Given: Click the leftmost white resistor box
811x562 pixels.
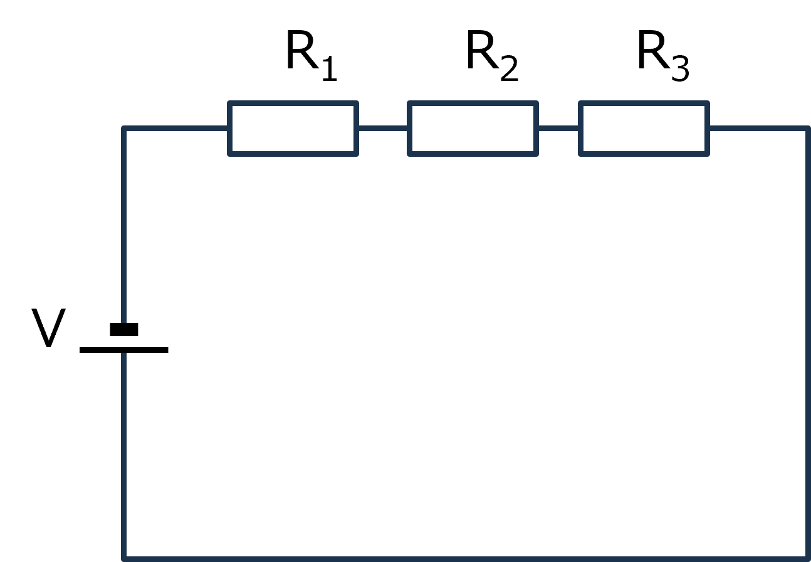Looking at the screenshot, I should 293,129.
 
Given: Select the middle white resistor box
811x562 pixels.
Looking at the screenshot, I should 473,129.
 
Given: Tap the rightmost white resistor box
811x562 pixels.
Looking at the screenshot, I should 644,129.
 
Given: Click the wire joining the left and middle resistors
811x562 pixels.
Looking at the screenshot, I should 383,129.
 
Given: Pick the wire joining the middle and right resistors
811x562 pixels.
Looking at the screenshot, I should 558,129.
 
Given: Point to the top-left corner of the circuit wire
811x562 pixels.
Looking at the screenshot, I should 124,129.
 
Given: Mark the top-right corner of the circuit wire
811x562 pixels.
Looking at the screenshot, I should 807,129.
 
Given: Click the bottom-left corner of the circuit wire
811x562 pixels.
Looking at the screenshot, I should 124,558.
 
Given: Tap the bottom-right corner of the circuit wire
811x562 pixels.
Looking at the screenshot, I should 807,558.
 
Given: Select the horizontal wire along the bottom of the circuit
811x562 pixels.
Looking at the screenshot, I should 464,558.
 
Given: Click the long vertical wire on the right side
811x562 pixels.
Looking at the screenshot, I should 807,345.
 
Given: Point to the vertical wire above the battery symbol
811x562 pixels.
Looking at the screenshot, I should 124,226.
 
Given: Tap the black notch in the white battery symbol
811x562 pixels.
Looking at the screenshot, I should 124,329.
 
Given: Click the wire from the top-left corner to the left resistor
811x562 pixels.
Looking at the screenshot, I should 175,129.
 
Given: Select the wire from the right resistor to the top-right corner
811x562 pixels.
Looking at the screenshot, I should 758,129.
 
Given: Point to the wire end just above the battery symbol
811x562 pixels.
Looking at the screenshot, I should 124,320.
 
